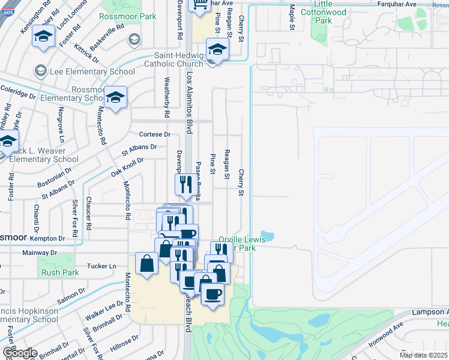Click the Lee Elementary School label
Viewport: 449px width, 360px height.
(84, 71)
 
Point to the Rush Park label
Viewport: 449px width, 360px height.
(60, 272)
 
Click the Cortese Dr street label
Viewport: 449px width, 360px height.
(155, 134)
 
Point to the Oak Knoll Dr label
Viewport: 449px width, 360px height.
(127, 165)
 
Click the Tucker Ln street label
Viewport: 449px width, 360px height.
(101, 266)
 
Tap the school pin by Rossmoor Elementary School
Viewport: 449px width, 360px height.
(115, 97)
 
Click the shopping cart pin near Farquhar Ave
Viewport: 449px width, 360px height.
(199, 5)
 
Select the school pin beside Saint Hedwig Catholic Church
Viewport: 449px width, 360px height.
(217, 49)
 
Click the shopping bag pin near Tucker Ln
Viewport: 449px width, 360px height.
(147, 263)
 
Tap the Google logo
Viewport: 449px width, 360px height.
(19, 353)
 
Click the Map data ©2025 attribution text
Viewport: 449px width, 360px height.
(424, 355)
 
